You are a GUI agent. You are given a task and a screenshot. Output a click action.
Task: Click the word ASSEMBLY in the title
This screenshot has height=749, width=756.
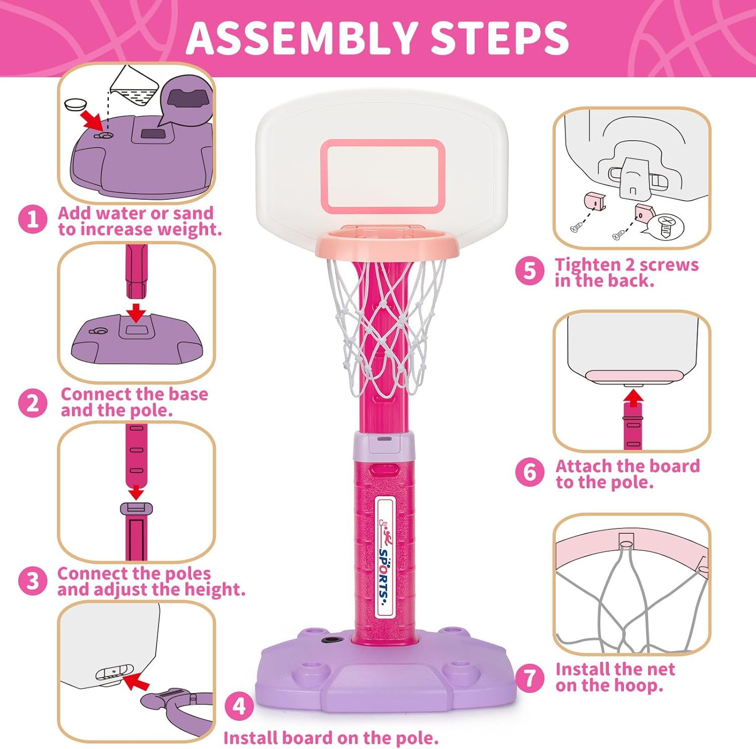click(300, 38)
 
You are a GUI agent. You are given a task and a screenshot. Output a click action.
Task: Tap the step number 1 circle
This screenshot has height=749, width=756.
click(33, 219)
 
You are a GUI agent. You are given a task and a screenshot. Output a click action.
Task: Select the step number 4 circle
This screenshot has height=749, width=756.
click(239, 706)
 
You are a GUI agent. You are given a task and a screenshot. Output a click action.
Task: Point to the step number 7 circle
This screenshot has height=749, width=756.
click(530, 677)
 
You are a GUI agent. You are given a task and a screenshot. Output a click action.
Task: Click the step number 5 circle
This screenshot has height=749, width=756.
click(530, 271)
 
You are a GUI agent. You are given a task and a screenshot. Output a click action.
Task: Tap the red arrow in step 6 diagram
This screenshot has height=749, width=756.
click(633, 398)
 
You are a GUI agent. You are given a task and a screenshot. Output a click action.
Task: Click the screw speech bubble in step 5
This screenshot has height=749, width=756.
click(666, 226)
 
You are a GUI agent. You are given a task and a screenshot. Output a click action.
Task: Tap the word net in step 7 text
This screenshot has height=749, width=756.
click(660, 669)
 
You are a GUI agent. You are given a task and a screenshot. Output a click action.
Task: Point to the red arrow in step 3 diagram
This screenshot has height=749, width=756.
click(136, 492)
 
